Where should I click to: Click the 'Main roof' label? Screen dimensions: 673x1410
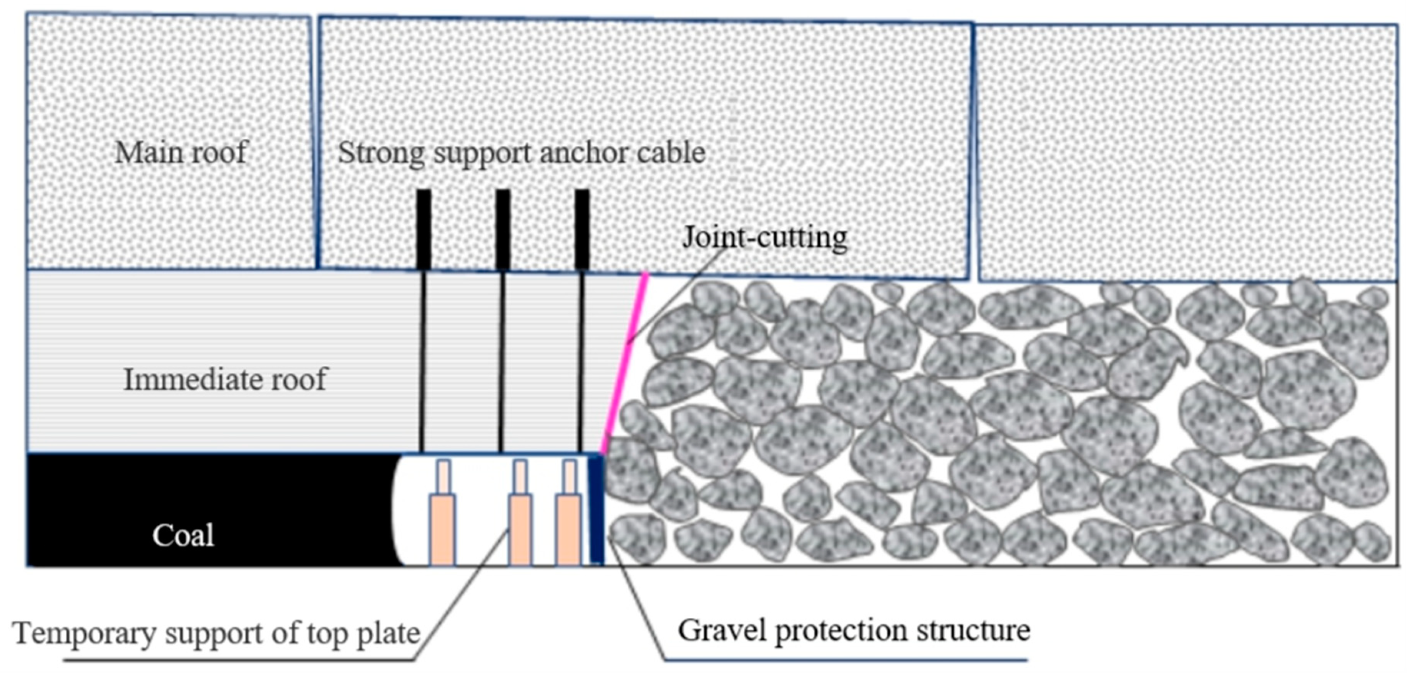[x=181, y=152]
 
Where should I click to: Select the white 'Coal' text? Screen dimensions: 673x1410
[x=183, y=535]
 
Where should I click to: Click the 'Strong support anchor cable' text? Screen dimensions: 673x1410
[x=521, y=152]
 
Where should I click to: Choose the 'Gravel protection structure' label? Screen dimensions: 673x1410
[x=854, y=630]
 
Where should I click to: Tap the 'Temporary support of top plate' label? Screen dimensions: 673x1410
[x=217, y=633]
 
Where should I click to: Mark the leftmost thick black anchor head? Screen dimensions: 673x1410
[x=423, y=229]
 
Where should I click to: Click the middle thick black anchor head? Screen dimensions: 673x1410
[x=503, y=229]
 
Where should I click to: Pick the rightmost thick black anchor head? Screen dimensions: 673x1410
[x=582, y=229]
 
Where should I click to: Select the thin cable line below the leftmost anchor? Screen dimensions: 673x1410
[x=422, y=361]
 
